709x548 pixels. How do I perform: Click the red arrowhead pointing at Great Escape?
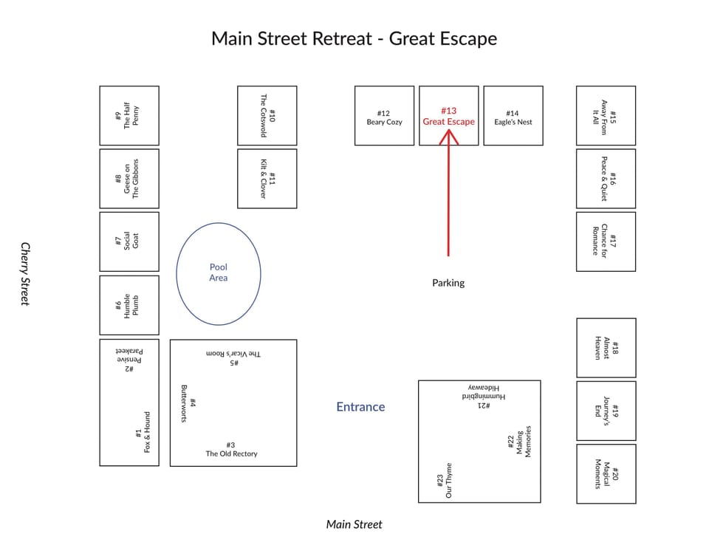pyautogui.click(x=448, y=137)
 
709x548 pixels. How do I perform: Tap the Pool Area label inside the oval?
pyautogui.click(x=219, y=273)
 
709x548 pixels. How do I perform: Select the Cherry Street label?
pyautogui.click(x=25, y=274)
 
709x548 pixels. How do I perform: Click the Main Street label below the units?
pyautogui.click(x=354, y=524)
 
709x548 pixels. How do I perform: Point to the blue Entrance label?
pyautogui.click(x=360, y=406)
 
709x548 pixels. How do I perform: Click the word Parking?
pyautogui.click(x=448, y=283)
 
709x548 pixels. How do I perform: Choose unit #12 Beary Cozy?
pyautogui.click(x=384, y=116)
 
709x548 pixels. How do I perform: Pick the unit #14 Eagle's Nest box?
pyautogui.click(x=513, y=116)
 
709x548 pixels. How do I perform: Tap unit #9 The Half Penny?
pyautogui.click(x=129, y=116)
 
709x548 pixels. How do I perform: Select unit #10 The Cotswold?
pyautogui.click(x=267, y=116)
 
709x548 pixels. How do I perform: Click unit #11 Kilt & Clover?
pyautogui.click(x=267, y=179)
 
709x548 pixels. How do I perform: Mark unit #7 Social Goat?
pyautogui.click(x=129, y=242)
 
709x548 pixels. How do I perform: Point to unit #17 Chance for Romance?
pyautogui.click(x=606, y=242)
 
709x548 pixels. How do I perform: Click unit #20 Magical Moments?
pyautogui.click(x=606, y=474)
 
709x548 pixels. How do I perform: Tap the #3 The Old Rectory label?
pyautogui.click(x=231, y=450)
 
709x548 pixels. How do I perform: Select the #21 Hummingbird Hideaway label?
pyautogui.click(x=483, y=397)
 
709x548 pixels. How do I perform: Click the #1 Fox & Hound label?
pyautogui.click(x=143, y=432)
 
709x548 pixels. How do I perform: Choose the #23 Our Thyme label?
pyautogui.click(x=444, y=480)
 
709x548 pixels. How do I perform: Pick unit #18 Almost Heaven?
pyautogui.click(x=606, y=348)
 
